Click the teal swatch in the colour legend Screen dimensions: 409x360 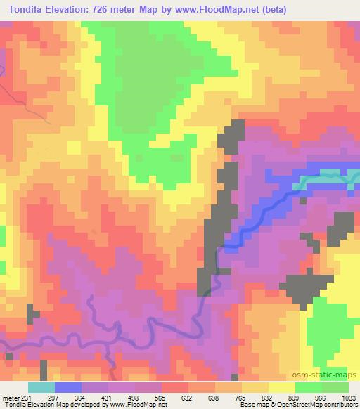[41, 388]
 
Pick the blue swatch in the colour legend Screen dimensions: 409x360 [67, 388]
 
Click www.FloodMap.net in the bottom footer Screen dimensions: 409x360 [138, 405]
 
